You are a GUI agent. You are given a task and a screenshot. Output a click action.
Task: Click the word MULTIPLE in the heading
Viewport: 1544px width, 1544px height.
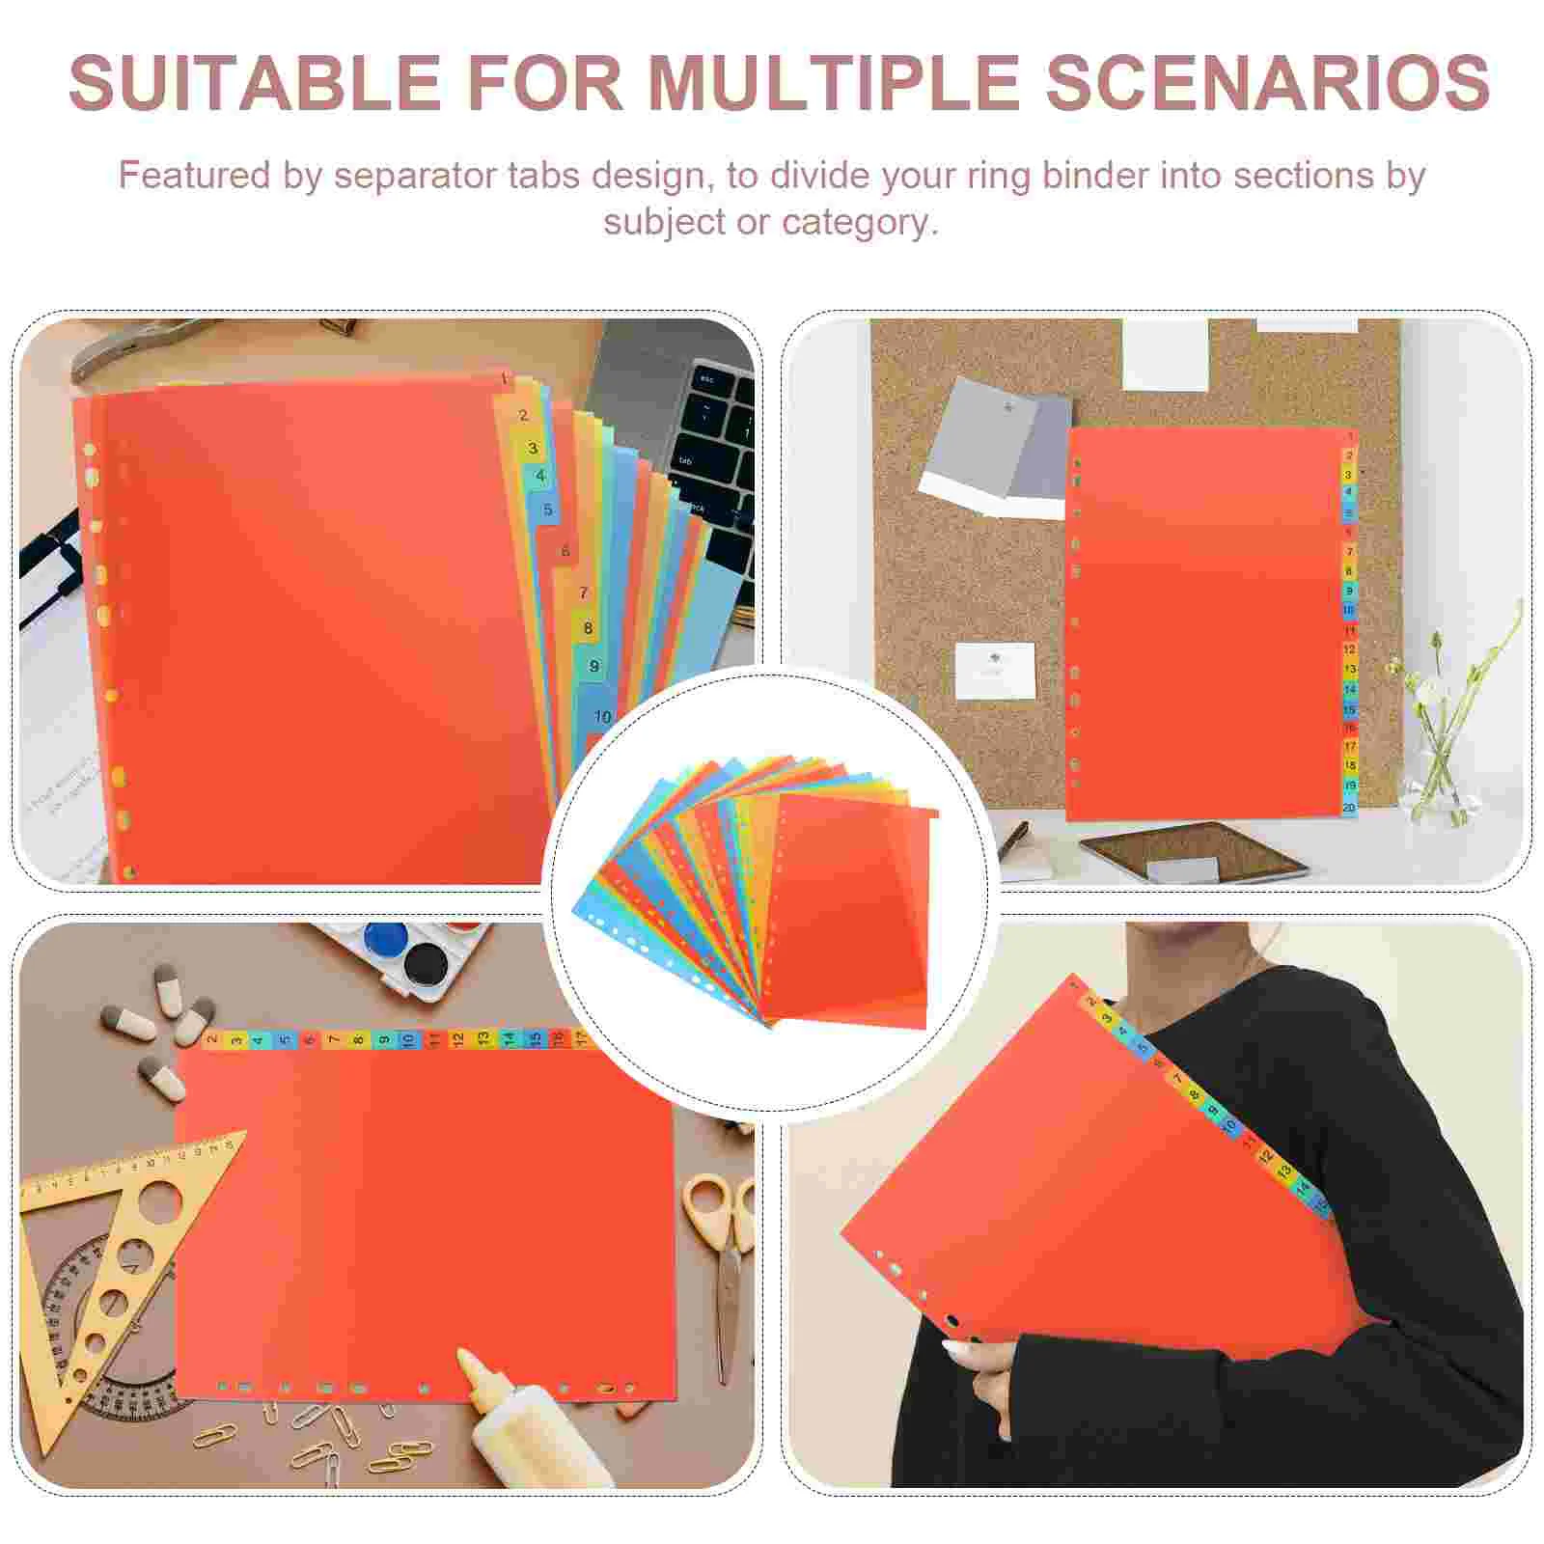[832, 83]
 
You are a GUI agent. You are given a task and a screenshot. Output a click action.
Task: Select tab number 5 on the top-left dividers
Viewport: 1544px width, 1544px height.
[548, 510]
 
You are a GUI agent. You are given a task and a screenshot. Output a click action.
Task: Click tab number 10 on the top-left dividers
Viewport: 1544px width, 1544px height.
[602, 717]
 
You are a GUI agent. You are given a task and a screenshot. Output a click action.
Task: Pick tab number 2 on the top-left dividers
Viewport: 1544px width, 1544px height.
[523, 416]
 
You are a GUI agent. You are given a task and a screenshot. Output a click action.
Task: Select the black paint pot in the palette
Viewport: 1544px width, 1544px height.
[422, 961]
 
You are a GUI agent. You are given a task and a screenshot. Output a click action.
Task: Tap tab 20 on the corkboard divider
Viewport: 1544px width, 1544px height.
[1349, 808]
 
